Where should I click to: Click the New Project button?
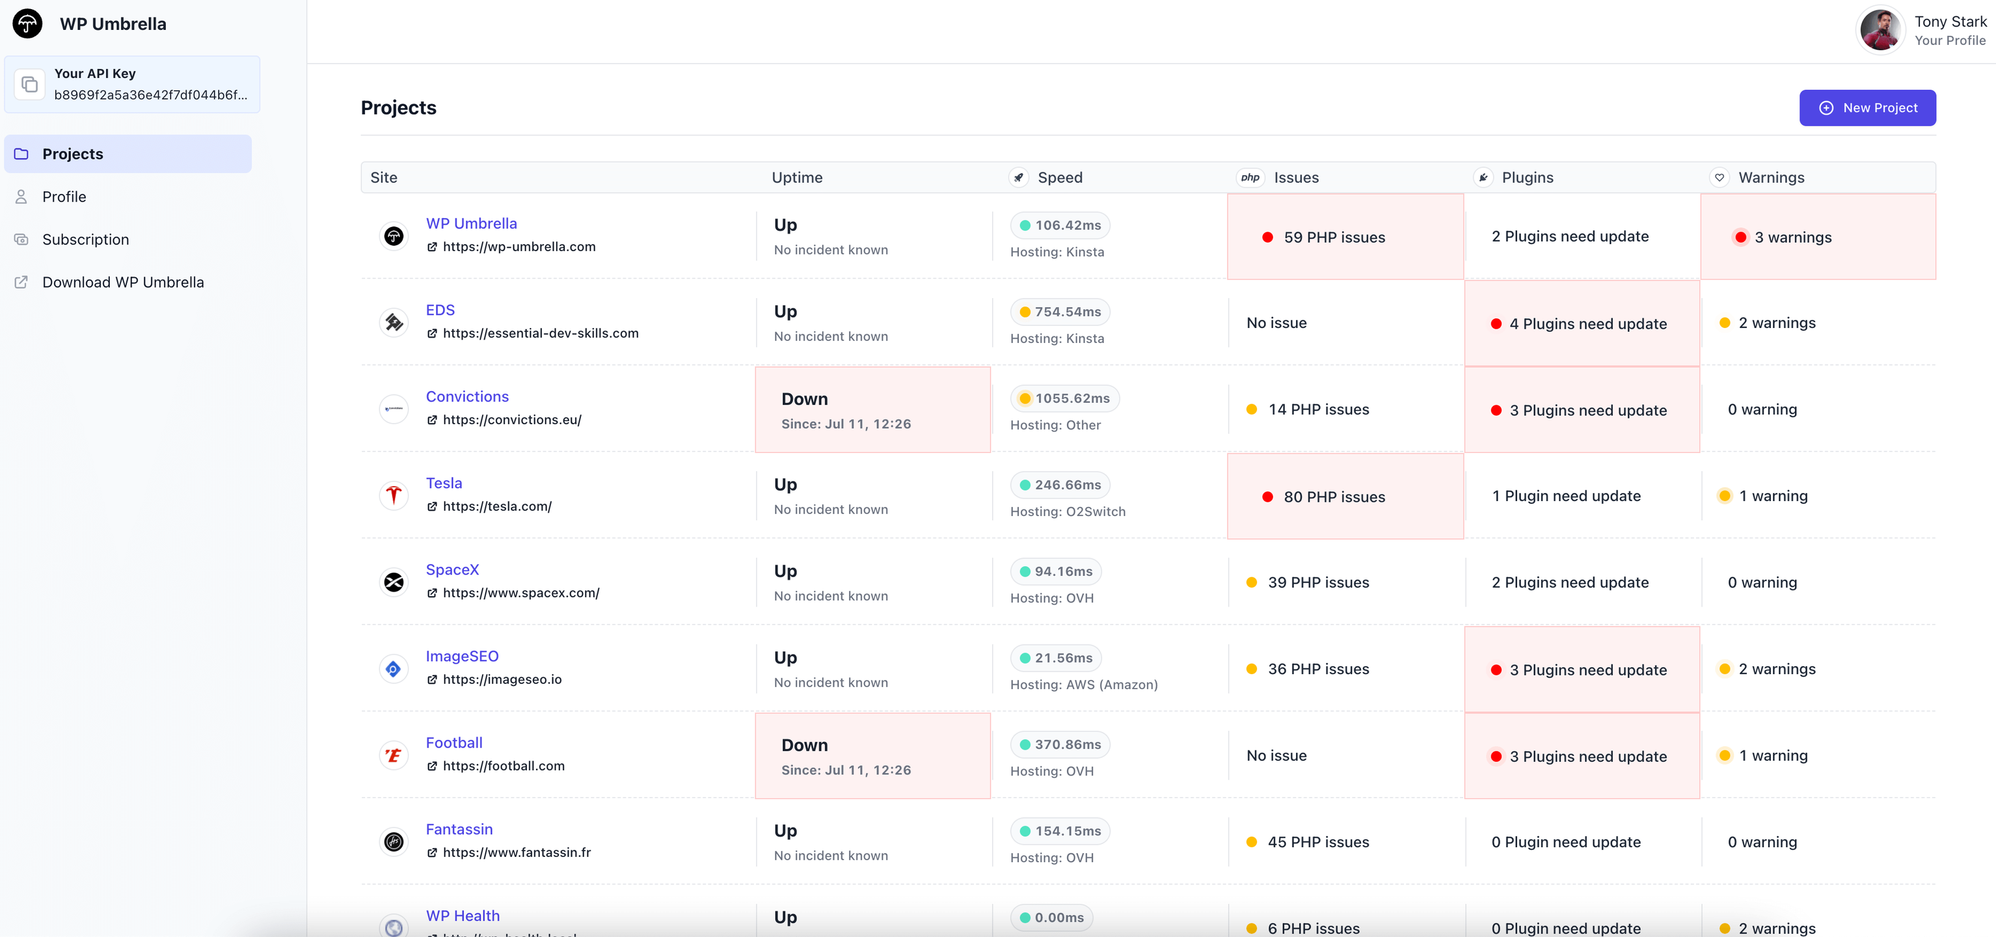pos(1867,108)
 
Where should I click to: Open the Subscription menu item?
pos(85,239)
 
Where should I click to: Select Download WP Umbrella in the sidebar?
pos(122,282)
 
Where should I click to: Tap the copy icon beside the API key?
pos(29,85)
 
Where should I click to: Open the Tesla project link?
pos(443,483)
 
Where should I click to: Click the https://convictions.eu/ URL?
pos(511,419)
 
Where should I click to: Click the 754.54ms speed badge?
pos(1059,312)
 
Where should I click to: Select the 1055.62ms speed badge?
pos(1064,398)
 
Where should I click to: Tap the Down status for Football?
pos(804,745)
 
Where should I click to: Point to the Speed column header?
pos(1059,178)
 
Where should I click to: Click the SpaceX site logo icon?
pos(394,582)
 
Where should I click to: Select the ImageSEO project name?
pos(462,656)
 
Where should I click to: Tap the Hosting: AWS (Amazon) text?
pos(1083,685)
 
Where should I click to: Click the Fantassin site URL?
pos(516,852)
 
